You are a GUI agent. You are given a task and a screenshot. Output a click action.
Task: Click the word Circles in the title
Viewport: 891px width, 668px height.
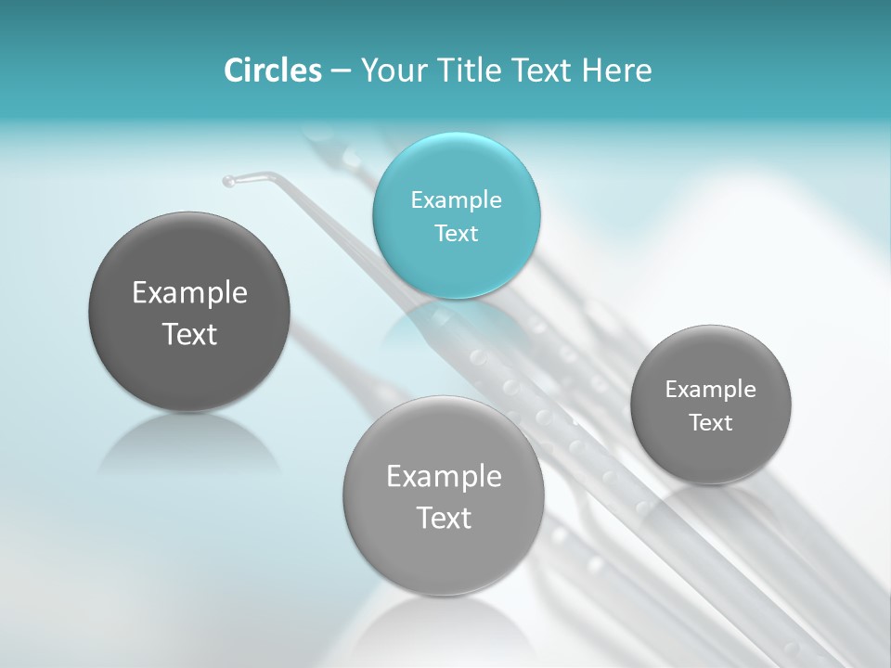point(272,71)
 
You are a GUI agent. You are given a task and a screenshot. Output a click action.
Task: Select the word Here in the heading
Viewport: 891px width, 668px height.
point(616,71)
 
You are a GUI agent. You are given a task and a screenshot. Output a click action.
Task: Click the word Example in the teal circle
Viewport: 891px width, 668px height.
point(457,199)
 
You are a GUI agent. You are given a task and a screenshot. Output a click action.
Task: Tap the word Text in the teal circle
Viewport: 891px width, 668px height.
point(457,233)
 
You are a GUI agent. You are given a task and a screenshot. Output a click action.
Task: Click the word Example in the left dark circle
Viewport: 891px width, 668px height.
point(189,292)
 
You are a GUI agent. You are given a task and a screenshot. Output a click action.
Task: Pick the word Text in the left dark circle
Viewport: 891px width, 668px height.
point(189,334)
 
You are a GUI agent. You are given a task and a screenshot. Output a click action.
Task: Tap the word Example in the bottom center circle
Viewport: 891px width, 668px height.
point(444,476)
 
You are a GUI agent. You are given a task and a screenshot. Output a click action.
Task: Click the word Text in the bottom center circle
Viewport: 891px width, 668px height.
point(444,518)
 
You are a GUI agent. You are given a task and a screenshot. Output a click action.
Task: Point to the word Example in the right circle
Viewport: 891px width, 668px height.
point(711,389)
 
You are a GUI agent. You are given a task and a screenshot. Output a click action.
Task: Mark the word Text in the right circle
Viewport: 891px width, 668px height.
point(711,422)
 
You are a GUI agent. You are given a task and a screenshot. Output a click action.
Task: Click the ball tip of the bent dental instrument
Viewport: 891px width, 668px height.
point(228,181)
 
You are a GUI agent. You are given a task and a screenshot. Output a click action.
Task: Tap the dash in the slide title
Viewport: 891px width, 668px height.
point(341,71)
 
